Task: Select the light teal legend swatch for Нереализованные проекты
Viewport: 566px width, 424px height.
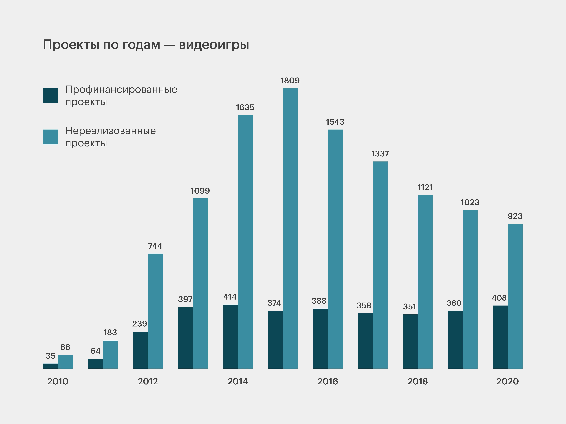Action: pyautogui.click(x=51, y=137)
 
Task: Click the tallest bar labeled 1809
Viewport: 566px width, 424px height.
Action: pyautogui.click(x=290, y=228)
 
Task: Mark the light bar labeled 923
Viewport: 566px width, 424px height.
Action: pyautogui.click(x=515, y=296)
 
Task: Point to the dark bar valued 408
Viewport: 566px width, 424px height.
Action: pyautogui.click(x=500, y=337)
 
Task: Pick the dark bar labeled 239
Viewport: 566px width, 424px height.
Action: pyautogui.click(x=141, y=350)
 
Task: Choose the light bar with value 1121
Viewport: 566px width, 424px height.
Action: pyautogui.click(x=425, y=282)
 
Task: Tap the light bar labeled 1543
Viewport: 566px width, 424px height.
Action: pyautogui.click(x=335, y=249)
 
